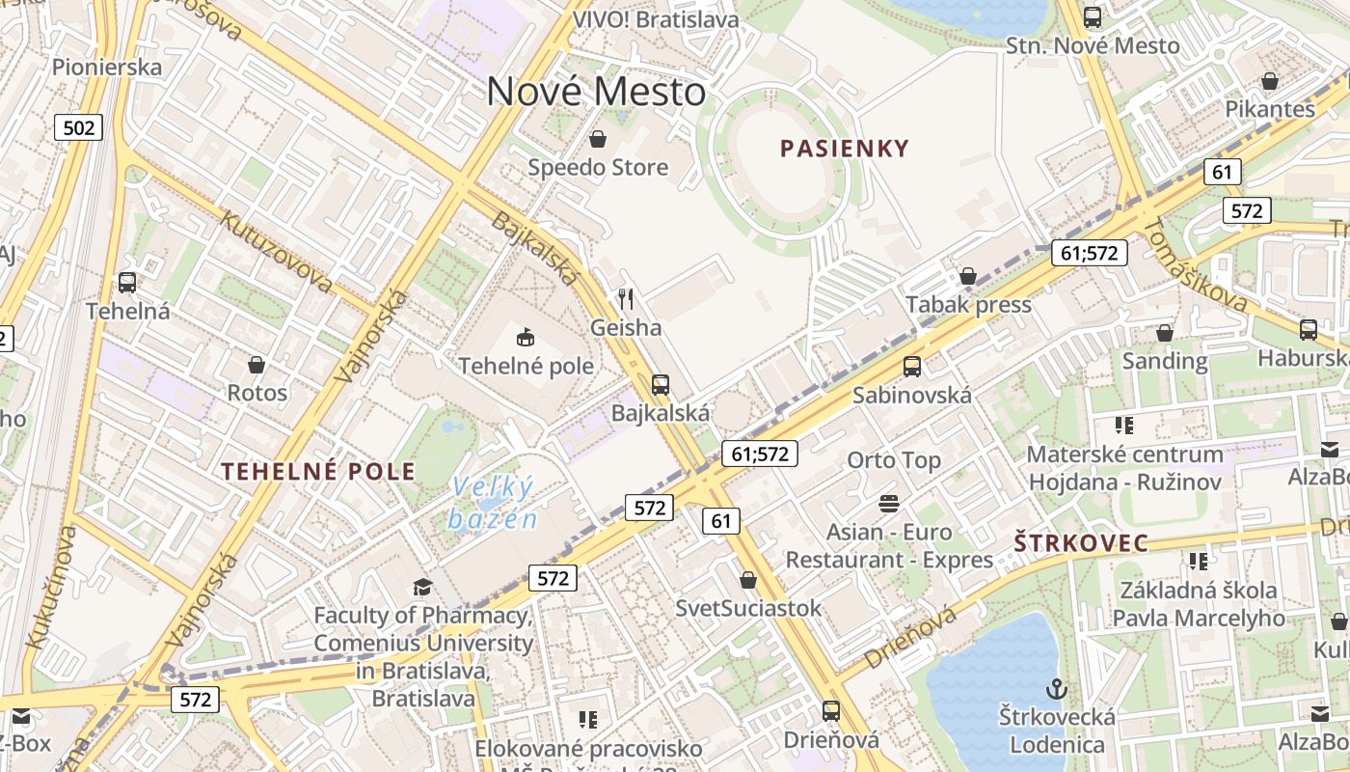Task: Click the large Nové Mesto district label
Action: pyautogui.click(x=596, y=92)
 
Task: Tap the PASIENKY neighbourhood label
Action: pyautogui.click(x=844, y=149)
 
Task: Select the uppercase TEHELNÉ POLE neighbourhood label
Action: pyautogui.click(x=318, y=472)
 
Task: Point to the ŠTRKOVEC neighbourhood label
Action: pyautogui.click(x=1081, y=543)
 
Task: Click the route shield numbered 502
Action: pyautogui.click(x=78, y=127)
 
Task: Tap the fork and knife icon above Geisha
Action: pyautogui.click(x=626, y=299)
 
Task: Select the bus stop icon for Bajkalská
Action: pyautogui.click(x=661, y=385)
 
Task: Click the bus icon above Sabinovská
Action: pyautogui.click(x=911, y=367)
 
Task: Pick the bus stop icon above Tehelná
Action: pyautogui.click(x=127, y=283)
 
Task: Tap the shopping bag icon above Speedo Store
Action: pyautogui.click(x=598, y=139)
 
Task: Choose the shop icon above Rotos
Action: pyautogui.click(x=256, y=365)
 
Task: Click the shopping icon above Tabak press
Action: pyautogui.click(x=968, y=277)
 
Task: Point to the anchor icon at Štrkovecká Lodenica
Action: pyautogui.click(x=1057, y=689)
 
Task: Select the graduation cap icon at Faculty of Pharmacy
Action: pyautogui.click(x=422, y=587)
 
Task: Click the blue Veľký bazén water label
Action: pyautogui.click(x=493, y=503)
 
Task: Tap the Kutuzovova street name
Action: pyautogui.click(x=277, y=251)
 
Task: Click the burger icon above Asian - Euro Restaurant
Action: pyautogui.click(x=888, y=504)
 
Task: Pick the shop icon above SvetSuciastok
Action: pyautogui.click(x=748, y=580)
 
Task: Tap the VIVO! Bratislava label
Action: pyautogui.click(x=656, y=19)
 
